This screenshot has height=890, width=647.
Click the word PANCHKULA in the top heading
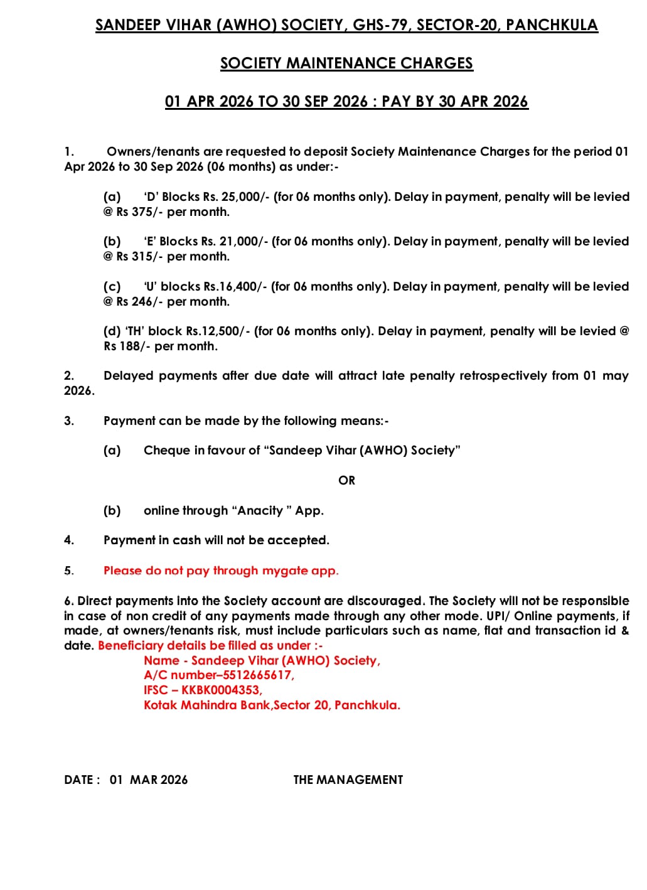tap(552, 25)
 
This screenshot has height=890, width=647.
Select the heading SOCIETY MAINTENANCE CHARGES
tap(346, 63)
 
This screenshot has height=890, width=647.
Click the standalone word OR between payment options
tap(346, 481)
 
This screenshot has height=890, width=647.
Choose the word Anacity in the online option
tap(260, 511)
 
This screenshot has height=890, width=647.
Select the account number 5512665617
tap(258, 675)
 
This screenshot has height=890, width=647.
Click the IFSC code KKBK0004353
tap(221, 690)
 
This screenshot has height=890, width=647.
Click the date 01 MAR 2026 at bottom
tap(149, 780)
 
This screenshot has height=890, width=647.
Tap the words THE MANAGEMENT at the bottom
tap(348, 780)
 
